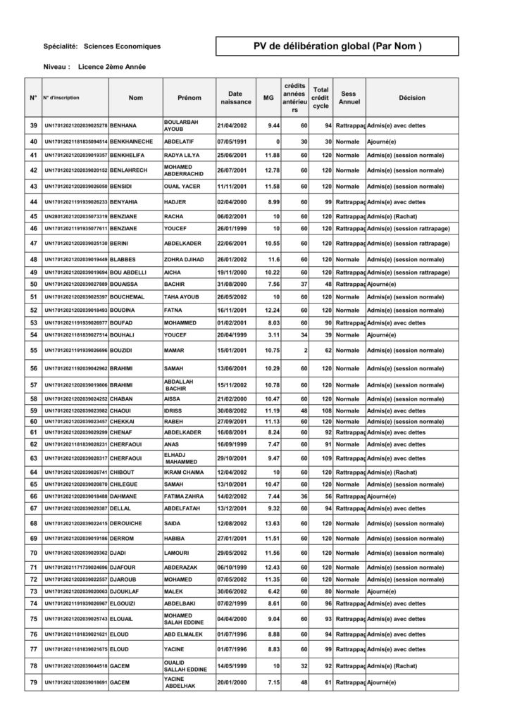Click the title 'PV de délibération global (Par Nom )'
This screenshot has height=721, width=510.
[337, 46]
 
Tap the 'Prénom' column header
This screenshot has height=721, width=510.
[189, 98]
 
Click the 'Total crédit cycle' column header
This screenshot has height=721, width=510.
[321, 98]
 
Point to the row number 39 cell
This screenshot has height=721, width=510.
[33, 125]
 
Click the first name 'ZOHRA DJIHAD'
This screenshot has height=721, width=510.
[185, 259]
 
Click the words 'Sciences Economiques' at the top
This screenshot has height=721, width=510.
[122, 46]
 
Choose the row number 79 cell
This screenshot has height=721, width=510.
[33, 682]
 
